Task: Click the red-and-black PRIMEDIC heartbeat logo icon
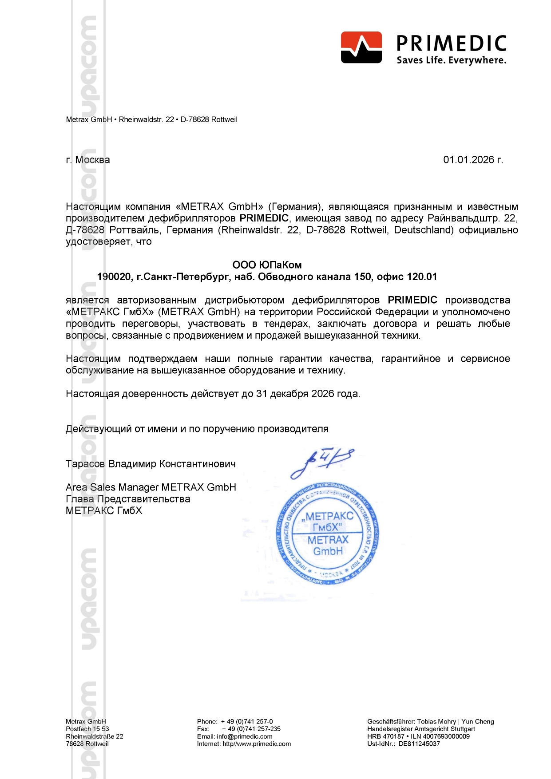(361, 47)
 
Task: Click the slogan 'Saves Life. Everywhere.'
(451, 60)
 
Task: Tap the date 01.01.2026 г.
(473, 160)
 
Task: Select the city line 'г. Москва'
(88, 160)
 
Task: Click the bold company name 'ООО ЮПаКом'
(267, 265)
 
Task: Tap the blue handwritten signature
(322, 462)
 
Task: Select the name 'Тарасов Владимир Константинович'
(151, 464)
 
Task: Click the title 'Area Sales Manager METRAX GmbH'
(151, 487)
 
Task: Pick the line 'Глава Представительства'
(128, 499)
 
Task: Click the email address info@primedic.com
(245, 736)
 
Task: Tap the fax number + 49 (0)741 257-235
(251, 729)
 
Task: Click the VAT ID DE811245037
(419, 744)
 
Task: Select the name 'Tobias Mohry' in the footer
(436, 722)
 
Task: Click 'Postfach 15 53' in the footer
(87, 729)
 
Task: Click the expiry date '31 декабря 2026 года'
(307, 394)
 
